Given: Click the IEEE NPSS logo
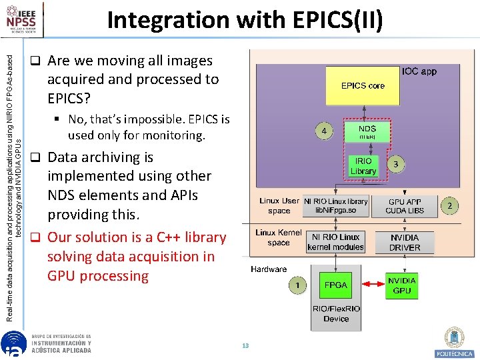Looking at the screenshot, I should [23, 19].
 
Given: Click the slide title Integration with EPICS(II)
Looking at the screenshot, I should [245, 21].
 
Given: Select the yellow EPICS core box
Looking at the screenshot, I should [363, 85].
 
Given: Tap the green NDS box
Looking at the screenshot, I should [367, 131].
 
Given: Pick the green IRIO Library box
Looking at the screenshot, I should [363, 166].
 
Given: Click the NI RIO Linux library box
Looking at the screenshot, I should [335, 205].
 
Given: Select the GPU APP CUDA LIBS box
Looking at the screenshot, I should [405, 205].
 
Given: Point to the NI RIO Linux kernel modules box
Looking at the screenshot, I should [335, 241].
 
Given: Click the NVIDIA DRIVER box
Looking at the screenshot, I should [405, 242].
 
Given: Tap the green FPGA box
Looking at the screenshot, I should [335, 285].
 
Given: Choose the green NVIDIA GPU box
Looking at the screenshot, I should [402, 285].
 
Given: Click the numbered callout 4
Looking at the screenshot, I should [324, 131].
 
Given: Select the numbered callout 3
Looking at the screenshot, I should [396, 163].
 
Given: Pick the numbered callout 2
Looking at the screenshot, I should [449, 206].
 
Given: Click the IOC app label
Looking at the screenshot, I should [419, 71].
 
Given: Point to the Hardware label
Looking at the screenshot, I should [269, 269].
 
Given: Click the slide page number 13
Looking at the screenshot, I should [245, 345].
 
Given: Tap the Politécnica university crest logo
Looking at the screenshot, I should [454, 341].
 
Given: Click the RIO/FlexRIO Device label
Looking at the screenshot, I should [335, 313].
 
